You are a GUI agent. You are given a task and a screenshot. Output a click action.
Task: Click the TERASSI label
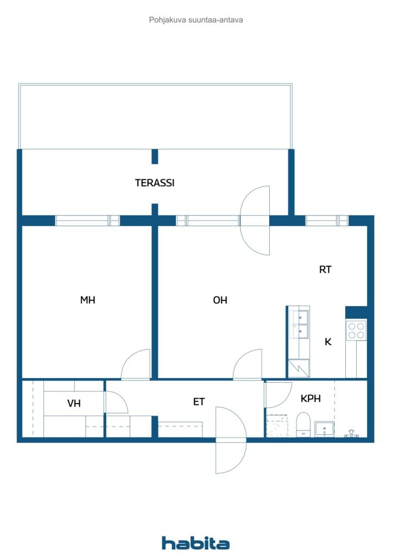pyautogui.click(x=155, y=184)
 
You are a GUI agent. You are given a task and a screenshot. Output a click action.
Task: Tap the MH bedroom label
pyautogui.click(x=88, y=300)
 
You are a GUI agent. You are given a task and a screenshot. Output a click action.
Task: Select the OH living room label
pyautogui.click(x=220, y=300)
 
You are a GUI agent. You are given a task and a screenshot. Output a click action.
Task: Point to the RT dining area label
pyautogui.click(x=325, y=270)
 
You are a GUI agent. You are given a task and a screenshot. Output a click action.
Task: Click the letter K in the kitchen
pyautogui.click(x=328, y=342)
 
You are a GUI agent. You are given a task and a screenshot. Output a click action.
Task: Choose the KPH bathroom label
pyautogui.click(x=310, y=399)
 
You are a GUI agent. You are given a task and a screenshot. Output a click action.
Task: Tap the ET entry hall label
pyautogui.click(x=199, y=402)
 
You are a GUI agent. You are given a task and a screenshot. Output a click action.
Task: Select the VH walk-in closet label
pyautogui.click(x=74, y=403)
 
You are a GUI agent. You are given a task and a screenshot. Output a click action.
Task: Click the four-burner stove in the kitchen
pyautogui.click(x=356, y=330)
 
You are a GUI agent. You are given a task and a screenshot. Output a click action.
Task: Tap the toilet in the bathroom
pyautogui.click(x=303, y=424)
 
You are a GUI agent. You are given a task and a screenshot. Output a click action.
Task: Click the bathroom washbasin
pyautogui.click(x=325, y=429)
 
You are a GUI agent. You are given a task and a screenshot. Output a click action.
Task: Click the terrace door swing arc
pyautogui.click(x=256, y=220)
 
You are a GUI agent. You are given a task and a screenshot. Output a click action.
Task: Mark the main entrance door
pyautogui.click(x=231, y=440)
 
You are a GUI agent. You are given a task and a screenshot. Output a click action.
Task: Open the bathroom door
pyautogui.click(x=277, y=395)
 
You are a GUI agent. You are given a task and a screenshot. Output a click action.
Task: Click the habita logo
pyautogui.click(x=195, y=543)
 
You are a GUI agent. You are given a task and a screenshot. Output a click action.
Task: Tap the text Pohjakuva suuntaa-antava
pyautogui.click(x=196, y=20)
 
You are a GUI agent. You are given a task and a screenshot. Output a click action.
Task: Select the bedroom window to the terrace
pyautogui.click(x=87, y=220)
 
